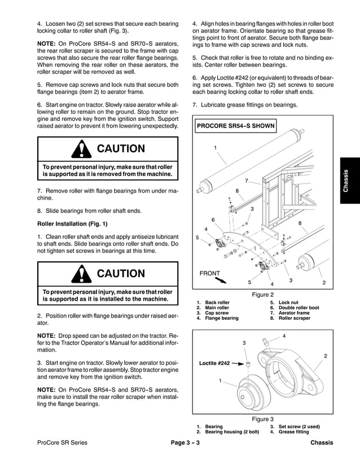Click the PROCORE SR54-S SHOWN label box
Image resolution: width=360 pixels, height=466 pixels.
236,126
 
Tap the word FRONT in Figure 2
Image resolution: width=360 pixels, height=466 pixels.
209,273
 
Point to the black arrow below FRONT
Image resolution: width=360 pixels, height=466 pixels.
220,280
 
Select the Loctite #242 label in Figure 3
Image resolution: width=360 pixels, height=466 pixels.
215,364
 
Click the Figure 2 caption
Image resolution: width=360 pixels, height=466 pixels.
262,294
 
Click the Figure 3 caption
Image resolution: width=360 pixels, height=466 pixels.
262,419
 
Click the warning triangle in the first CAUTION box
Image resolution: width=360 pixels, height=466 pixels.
82,150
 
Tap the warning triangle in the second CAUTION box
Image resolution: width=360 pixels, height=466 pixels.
82,274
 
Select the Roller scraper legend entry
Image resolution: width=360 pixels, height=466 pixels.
294,318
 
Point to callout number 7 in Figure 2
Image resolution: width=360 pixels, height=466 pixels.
246,181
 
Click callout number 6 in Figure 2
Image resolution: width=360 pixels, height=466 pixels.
213,219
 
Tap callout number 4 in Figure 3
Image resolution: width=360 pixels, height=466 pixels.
284,336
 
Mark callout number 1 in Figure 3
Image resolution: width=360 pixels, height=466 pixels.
219,381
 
